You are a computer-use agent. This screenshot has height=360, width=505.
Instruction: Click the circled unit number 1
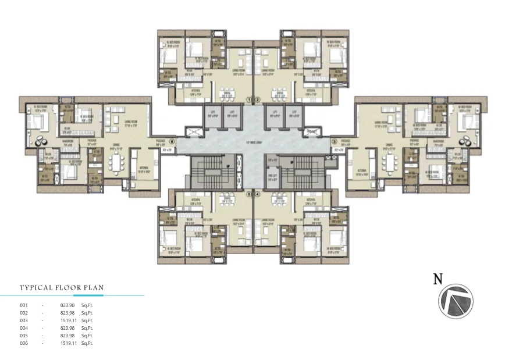point(248,99)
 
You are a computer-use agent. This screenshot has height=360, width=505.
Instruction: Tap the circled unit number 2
point(256,99)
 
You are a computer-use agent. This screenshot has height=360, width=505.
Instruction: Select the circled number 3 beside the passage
point(334,141)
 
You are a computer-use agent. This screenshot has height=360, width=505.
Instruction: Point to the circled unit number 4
point(256,194)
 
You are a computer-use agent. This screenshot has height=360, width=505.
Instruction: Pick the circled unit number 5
point(248,194)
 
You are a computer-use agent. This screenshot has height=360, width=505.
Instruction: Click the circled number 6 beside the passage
point(172,141)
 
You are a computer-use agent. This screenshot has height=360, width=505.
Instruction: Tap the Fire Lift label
point(272,177)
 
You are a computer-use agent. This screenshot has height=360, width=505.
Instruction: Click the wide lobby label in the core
point(252,141)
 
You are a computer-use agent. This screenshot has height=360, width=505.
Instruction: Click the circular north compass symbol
point(456,301)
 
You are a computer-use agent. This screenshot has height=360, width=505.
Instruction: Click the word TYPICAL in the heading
point(36,287)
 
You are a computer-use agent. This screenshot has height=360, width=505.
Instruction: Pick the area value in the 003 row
point(68,320)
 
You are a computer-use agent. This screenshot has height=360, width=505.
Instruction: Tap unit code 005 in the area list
point(24,336)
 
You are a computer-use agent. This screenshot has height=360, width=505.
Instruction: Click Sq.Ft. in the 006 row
point(87,343)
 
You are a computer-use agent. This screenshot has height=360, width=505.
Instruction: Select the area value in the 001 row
point(68,305)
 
